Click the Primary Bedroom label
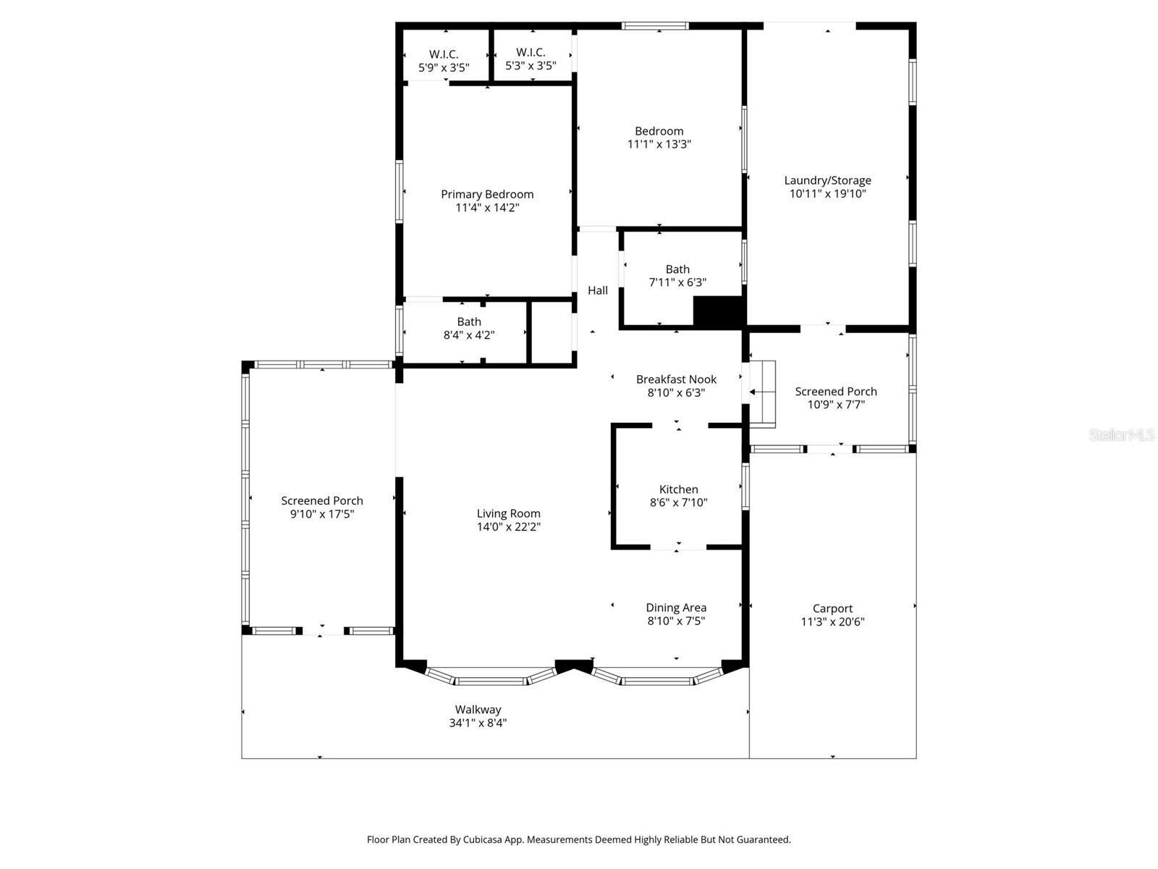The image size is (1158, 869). point(487,194)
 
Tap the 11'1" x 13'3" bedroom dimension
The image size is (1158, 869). point(659,144)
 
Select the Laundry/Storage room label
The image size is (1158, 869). point(827,180)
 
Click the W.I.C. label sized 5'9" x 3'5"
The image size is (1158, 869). point(444,54)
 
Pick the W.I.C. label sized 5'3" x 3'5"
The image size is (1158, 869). point(531,52)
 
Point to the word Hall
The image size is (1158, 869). point(598,290)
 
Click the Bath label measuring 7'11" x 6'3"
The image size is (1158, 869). point(677,269)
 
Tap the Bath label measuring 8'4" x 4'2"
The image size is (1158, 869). point(469,322)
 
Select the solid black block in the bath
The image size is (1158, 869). point(718,311)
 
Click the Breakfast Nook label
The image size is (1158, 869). point(676,379)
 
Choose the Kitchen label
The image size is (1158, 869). point(678,490)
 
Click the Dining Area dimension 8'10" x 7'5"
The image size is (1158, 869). point(676,621)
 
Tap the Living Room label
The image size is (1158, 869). point(508,513)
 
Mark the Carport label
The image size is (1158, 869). point(832,608)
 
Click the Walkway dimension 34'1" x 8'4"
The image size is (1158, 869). point(478,723)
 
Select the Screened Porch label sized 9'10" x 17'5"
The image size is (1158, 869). point(322,500)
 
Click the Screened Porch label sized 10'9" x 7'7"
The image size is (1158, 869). point(836,391)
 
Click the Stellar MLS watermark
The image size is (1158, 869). point(1121,434)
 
